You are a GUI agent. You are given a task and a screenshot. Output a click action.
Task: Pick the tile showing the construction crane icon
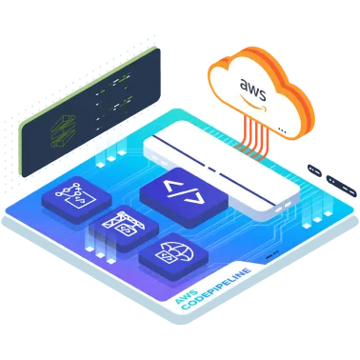(x=125, y=227)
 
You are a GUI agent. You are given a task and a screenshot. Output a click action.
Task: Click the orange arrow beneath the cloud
(x=256, y=120)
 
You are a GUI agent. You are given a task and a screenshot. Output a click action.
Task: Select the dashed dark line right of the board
(x=330, y=177)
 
